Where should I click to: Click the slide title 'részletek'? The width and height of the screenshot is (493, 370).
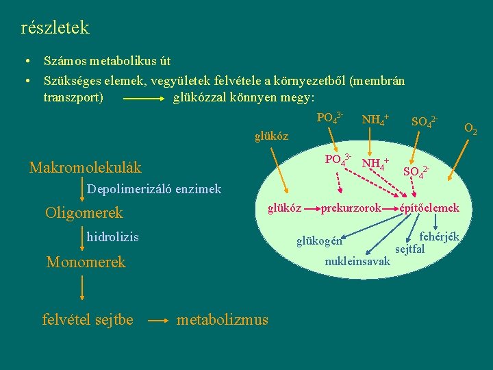point(55,28)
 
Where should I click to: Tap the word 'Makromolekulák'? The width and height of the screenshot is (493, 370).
point(85,167)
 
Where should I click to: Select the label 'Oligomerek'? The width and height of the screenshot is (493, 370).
point(84,213)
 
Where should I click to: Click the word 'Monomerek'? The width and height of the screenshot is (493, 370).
point(86,262)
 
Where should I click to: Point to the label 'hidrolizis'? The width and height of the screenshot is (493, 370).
point(112,237)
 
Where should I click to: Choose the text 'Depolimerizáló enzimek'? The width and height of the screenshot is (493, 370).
point(154,189)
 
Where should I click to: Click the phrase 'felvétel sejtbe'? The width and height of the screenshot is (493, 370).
point(88,319)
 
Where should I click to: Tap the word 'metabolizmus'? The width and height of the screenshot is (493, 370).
point(223,319)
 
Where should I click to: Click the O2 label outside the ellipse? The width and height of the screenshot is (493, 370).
point(471,127)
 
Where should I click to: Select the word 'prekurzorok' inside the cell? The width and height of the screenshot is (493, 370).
point(351,208)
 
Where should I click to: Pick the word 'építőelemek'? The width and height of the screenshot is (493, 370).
point(430,208)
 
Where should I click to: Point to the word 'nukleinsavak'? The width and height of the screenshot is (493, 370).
point(357,261)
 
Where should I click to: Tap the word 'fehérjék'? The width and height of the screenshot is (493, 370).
point(439,237)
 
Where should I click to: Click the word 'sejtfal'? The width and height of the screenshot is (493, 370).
point(410,248)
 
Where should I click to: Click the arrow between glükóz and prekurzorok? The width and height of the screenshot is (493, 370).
point(312,208)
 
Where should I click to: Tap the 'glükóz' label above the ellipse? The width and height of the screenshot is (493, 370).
point(271,136)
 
